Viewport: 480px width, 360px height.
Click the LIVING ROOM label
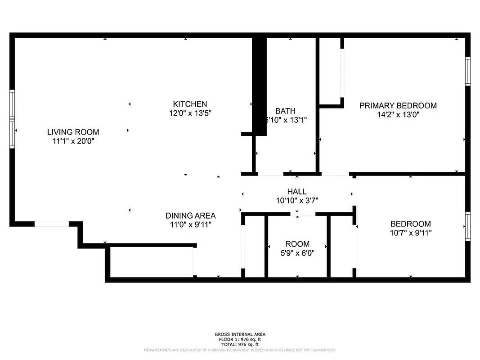pos(73,132)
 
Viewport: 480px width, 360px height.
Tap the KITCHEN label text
pos(190,104)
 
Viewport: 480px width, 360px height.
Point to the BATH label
pos(285,111)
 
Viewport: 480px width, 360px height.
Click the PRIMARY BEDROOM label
pos(398,106)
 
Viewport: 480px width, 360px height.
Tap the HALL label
pos(297,192)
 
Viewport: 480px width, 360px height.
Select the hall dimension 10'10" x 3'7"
pos(297,201)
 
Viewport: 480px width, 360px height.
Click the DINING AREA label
pos(190,216)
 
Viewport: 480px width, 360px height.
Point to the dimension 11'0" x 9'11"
pos(190,225)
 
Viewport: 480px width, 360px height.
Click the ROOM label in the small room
pos(297,244)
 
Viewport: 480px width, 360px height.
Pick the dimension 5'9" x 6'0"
pos(297,253)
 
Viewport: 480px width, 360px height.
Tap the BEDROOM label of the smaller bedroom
pos(410,224)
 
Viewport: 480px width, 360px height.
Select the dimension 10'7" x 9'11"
pos(410,233)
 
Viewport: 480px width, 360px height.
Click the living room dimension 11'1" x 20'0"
pos(73,141)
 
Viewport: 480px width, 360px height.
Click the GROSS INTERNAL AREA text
pos(240,334)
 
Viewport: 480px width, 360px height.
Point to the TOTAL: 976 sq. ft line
pos(240,344)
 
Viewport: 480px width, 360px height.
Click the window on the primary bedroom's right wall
pos(468,71)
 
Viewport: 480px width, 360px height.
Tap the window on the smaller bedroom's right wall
pos(468,226)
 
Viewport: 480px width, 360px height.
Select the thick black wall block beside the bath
pos(259,85)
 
